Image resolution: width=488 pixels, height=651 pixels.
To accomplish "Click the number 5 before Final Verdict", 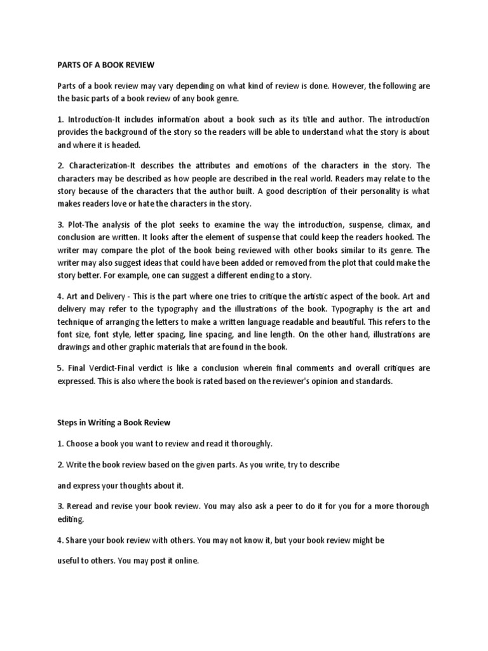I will (60, 367).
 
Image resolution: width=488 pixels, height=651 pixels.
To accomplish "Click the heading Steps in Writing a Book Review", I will (114, 422).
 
